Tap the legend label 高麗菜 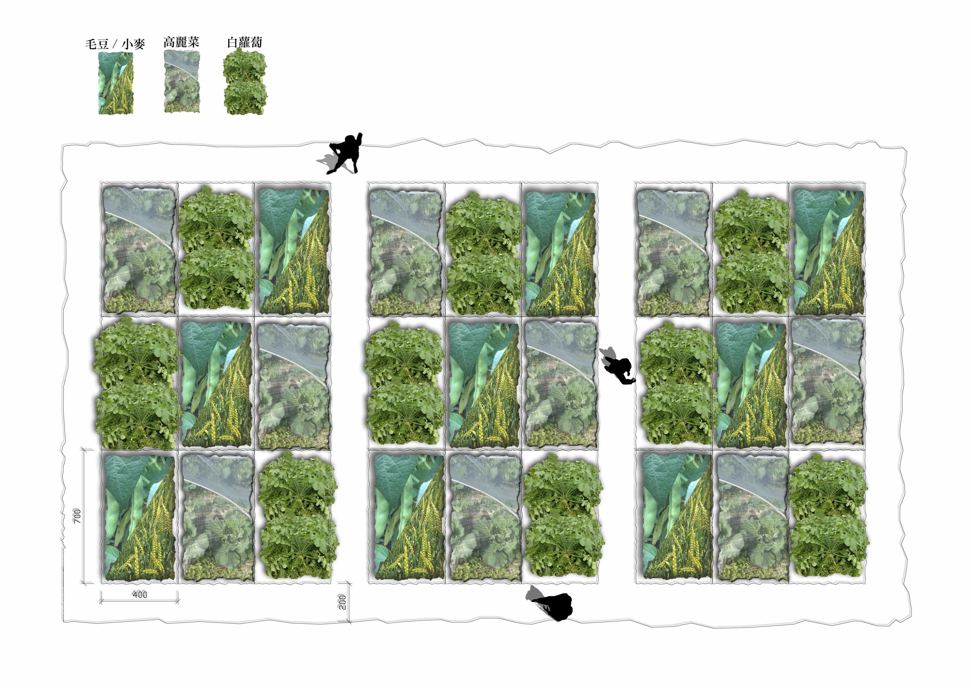coord(181,42)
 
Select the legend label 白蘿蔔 coord(245,42)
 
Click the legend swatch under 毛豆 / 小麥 coord(116,83)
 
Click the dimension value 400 coord(140,595)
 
